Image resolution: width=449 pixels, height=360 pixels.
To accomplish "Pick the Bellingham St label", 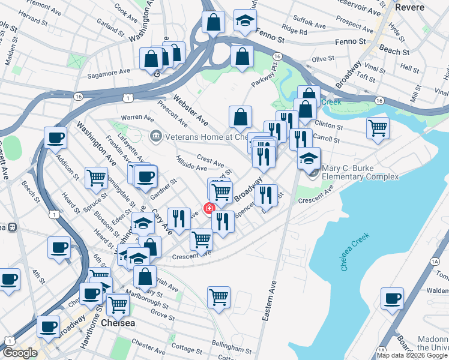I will (x=227, y=349).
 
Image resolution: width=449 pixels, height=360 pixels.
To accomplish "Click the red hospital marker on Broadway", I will (x=209, y=209).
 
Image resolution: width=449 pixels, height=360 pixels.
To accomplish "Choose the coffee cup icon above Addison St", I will (x=55, y=138).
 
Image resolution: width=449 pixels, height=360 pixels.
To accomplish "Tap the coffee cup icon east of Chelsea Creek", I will (x=393, y=299).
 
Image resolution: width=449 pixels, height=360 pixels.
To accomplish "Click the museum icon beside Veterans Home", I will (x=156, y=136).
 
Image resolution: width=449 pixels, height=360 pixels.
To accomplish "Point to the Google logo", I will (x=20, y=353).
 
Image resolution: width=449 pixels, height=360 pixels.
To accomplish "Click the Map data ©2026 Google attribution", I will (x=412, y=355).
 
